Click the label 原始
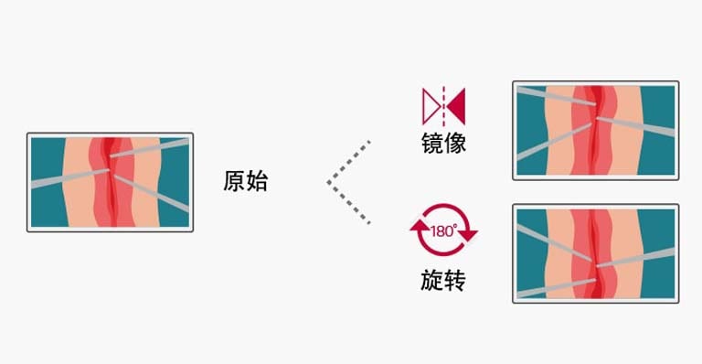point(246,181)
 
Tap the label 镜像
point(443,144)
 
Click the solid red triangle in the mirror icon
point(455,105)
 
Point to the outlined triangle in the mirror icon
point(431,105)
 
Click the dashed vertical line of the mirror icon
point(443,105)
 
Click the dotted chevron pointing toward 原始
point(348,182)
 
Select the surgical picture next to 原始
point(110,182)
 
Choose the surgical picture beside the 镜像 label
point(595,130)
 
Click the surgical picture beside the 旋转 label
point(595,252)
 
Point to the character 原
point(235,181)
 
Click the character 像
point(454,144)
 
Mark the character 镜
point(432,144)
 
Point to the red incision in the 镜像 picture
point(595,130)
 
